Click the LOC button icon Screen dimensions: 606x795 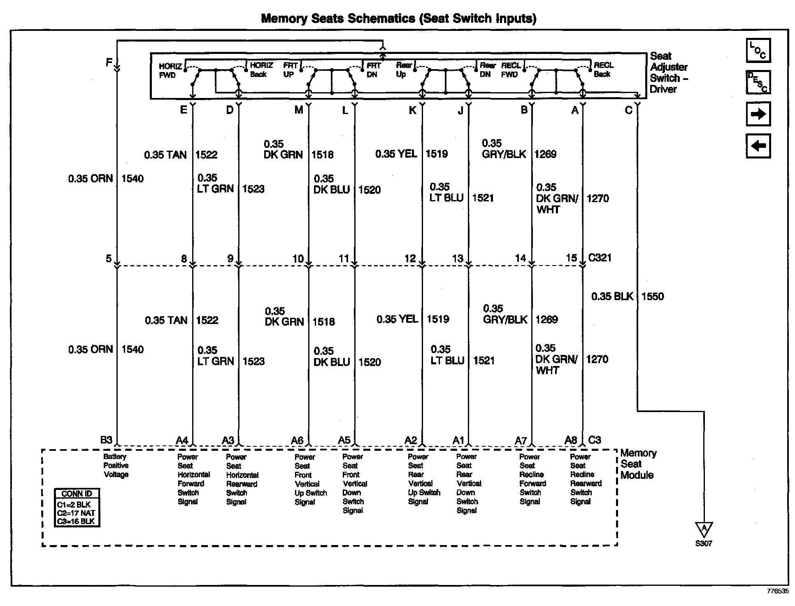(758, 50)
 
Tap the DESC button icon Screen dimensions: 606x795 (758, 82)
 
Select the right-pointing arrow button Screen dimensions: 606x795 (758, 114)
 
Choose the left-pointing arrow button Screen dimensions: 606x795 (758, 146)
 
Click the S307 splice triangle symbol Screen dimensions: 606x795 (704, 529)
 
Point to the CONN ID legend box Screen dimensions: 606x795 (77, 507)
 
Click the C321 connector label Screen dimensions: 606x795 (600, 258)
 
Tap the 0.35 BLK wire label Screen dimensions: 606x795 (612, 296)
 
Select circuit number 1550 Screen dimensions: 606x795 (653, 296)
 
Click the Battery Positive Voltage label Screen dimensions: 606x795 (116, 466)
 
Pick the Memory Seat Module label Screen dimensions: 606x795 (638, 464)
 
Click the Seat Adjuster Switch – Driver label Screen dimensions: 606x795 (669, 72)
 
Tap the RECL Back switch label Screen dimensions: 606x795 (603, 70)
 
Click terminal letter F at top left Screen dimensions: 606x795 (109, 63)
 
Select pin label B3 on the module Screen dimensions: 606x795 (106, 440)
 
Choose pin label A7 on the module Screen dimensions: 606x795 (521, 441)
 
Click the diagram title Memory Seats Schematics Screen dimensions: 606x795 (398, 19)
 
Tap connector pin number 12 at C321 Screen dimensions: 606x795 (410, 258)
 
